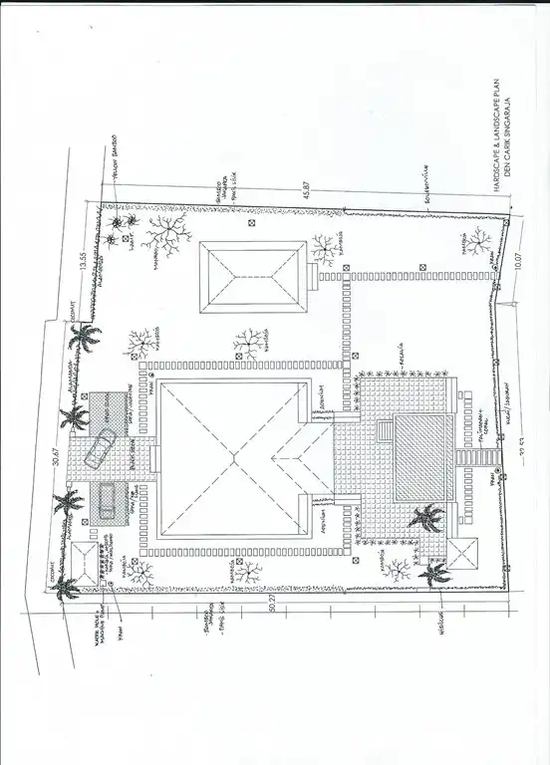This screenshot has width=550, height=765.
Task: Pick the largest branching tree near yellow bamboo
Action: pyautogui.click(x=162, y=231)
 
